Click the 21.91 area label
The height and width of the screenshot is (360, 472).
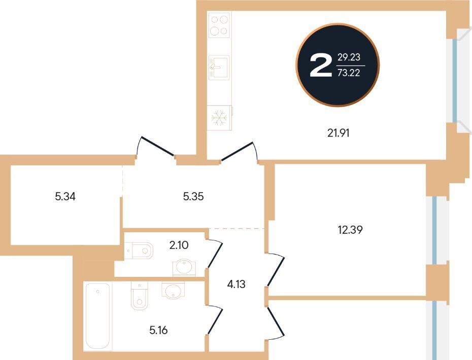pos(339,133)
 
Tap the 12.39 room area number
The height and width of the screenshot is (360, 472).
pos(350,230)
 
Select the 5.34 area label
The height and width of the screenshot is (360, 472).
pos(65,196)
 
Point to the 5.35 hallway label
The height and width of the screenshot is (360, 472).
pos(193,196)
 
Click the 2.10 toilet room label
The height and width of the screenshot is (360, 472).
pos(179,245)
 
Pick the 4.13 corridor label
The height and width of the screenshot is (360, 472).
pos(237,284)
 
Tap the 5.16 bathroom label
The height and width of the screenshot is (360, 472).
pos(158,330)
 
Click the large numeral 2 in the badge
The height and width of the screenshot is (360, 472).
pos(321,65)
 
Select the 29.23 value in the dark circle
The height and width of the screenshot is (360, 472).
pos(349,57)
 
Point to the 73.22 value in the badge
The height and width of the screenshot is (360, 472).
pos(349,73)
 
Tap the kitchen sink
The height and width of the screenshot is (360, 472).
pos(219,67)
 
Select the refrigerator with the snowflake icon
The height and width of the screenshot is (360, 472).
pos(220,118)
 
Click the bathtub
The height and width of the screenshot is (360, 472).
pos(98,316)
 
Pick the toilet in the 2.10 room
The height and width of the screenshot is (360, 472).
pos(139,250)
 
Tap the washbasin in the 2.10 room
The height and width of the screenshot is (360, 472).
pos(184,267)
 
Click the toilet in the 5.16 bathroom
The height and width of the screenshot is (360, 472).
pos(140,296)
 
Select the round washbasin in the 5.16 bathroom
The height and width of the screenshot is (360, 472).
pos(173,290)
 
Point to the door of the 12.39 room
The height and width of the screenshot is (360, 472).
pos(276,270)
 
